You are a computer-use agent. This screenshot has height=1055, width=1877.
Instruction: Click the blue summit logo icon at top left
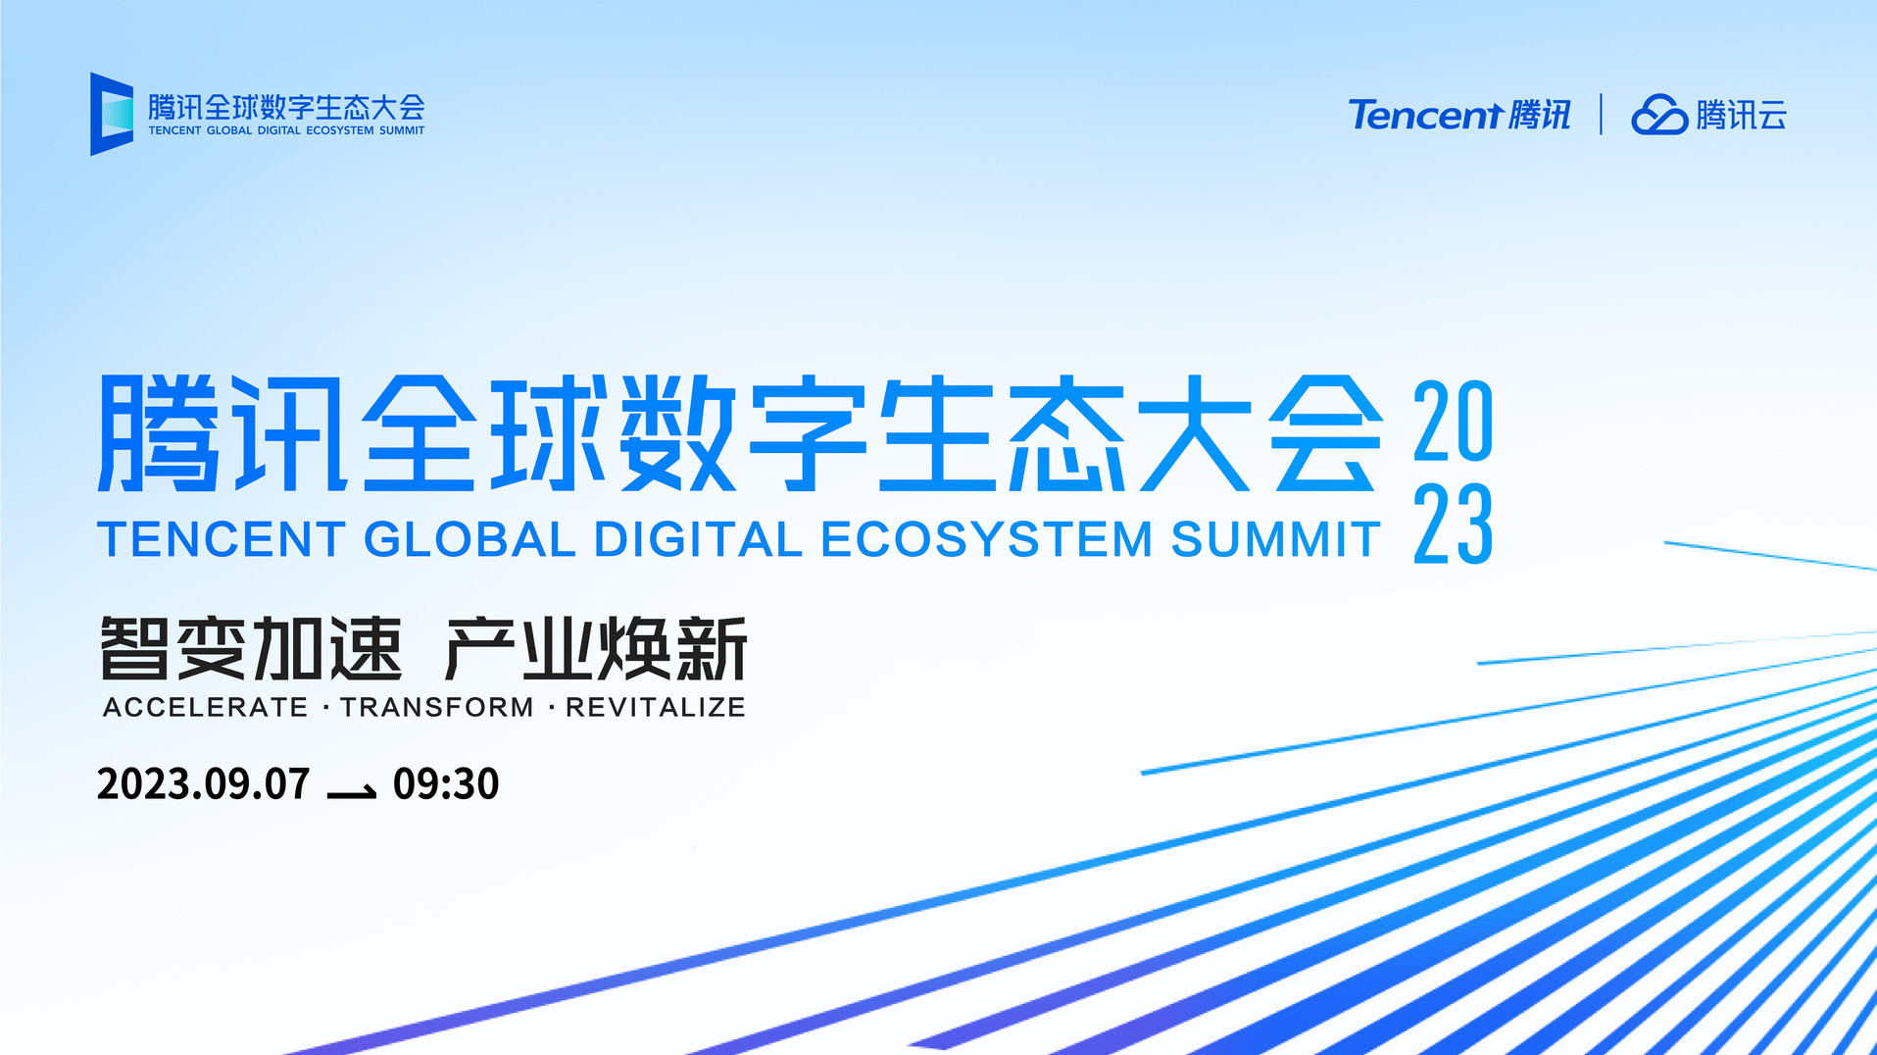(112, 114)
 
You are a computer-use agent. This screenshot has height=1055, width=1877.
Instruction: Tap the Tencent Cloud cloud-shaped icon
(1658, 115)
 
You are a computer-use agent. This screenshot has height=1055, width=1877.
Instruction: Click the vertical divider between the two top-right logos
(1601, 114)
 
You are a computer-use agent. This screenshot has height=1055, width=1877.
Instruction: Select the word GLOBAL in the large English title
(469, 539)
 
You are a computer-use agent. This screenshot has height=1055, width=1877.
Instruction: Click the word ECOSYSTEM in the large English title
(987, 539)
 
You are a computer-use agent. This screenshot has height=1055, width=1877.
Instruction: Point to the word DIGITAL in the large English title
(698, 539)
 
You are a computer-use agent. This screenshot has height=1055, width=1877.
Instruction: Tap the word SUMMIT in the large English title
(1276, 539)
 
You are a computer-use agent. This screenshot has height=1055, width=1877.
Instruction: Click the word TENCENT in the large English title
(222, 539)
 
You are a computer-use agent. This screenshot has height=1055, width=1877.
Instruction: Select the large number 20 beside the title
(1454, 422)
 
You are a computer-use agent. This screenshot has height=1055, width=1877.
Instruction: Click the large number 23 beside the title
(1454, 524)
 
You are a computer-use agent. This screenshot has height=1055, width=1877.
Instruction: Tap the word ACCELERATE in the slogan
(206, 707)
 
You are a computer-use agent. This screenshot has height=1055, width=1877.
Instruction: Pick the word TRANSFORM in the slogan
(437, 707)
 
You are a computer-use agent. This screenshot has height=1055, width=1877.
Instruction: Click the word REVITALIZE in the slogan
(656, 707)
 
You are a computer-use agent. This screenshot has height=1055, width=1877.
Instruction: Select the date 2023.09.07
(204, 784)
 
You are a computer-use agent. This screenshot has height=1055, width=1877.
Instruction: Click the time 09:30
(446, 784)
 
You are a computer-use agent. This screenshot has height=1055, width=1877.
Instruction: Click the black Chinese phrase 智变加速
(251, 648)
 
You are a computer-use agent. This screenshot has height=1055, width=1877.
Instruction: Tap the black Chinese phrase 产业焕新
(596, 648)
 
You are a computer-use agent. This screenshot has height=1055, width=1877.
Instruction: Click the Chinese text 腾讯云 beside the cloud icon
(1742, 115)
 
